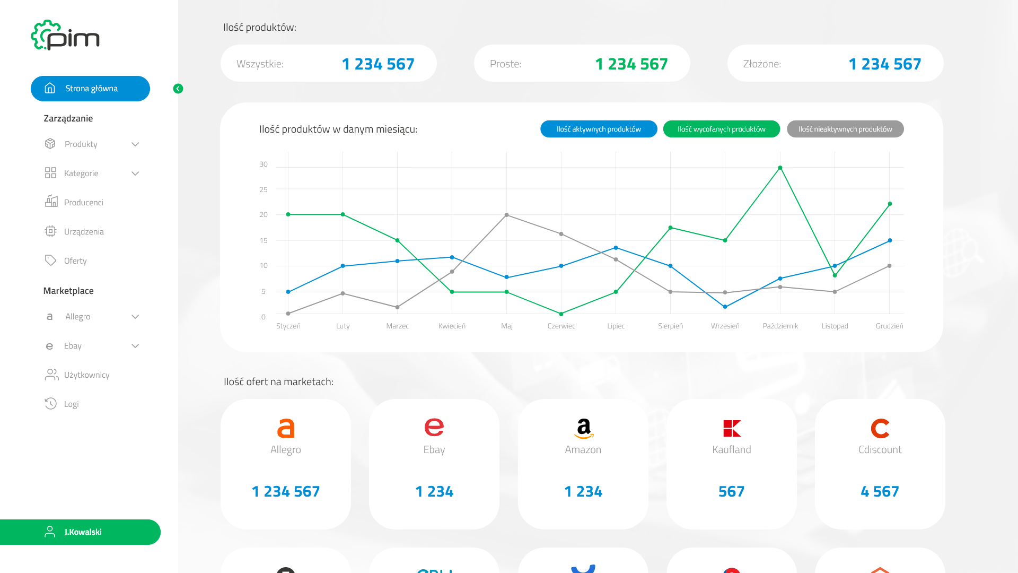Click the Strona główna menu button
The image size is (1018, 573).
[x=90, y=89]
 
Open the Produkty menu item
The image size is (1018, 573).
[x=81, y=144]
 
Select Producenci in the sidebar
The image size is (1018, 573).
[x=83, y=203]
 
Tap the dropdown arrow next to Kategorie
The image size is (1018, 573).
[x=135, y=173]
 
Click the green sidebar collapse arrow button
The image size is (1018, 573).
[x=178, y=89]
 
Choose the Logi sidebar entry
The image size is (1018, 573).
[x=71, y=404]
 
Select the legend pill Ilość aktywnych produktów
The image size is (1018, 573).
[x=599, y=129]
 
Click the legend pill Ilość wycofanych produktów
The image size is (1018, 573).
[x=722, y=129]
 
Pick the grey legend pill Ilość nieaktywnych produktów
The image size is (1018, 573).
[x=845, y=129]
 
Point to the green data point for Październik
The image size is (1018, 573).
[x=780, y=168]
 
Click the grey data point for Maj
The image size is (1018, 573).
[x=507, y=215]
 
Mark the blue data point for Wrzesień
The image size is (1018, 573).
[x=725, y=307]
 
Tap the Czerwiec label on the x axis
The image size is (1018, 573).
[x=561, y=326]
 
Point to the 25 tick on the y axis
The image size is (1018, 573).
[x=264, y=189]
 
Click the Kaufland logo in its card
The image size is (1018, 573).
[x=732, y=428]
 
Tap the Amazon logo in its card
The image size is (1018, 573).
[x=583, y=428]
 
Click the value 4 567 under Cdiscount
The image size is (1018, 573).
[x=880, y=491]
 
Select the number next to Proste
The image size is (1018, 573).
[x=631, y=64]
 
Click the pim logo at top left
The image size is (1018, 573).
[x=65, y=35]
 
